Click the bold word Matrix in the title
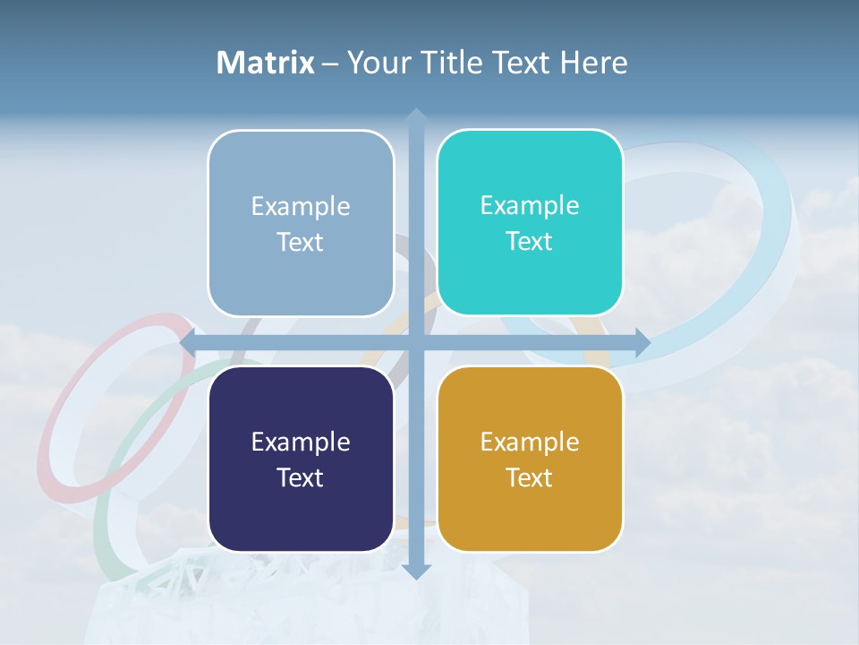265,63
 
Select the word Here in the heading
594,63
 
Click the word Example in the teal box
530,205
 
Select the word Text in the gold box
530,477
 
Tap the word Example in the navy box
301,442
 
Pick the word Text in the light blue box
301,242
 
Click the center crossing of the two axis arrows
415,342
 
